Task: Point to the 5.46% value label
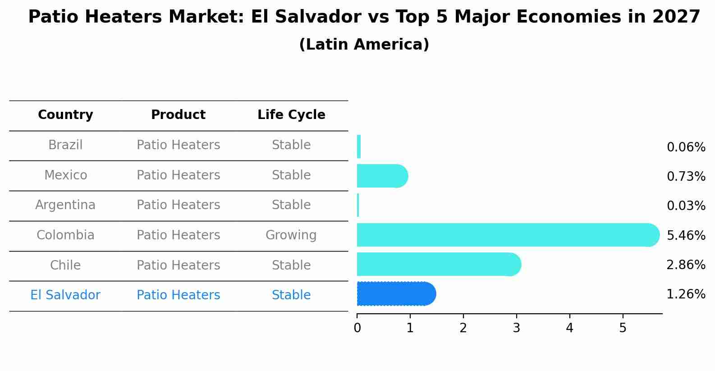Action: click(x=686, y=235)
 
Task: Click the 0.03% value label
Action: click(x=686, y=206)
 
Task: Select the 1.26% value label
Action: click(x=686, y=294)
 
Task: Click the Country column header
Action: click(x=65, y=115)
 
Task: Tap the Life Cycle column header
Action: click(x=291, y=115)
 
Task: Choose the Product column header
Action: click(x=178, y=115)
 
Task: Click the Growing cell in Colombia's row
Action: click(x=291, y=235)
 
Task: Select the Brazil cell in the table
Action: click(x=65, y=145)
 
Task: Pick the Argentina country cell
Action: click(x=65, y=205)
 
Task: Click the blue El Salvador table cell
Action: click(x=65, y=295)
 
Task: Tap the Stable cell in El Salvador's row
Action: click(x=291, y=295)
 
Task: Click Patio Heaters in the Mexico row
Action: click(x=178, y=175)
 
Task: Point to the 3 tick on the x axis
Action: click(x=516, y=328)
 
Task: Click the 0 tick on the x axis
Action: click(x=357, y=328)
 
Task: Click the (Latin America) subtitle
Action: click(x=364, y=45)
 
